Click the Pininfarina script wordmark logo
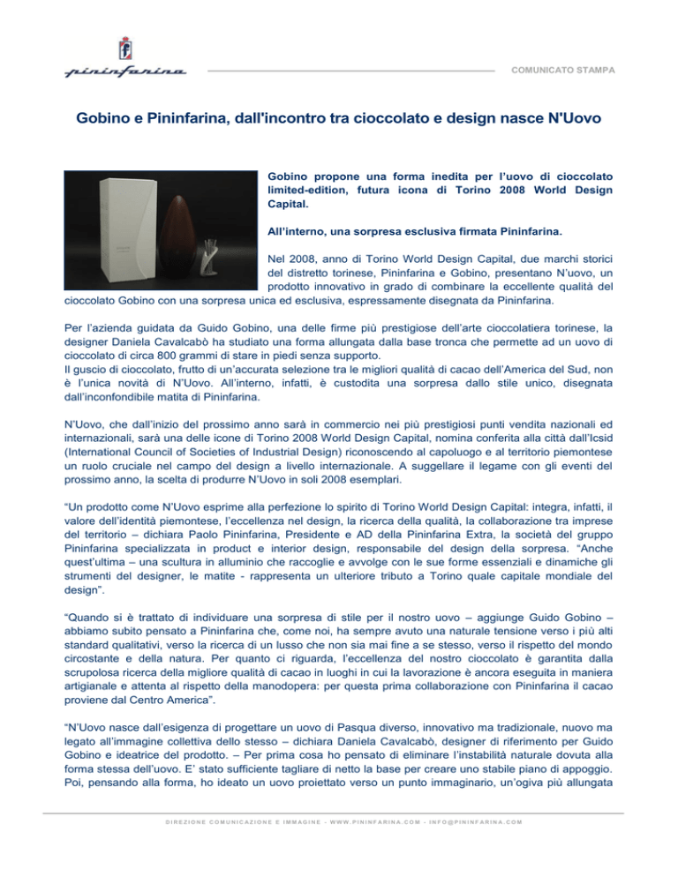(124, 70)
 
